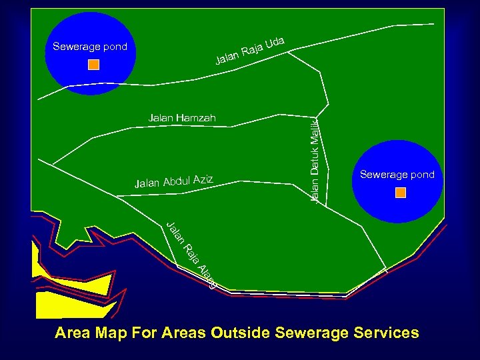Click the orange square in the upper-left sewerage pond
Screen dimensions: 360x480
[94, 65]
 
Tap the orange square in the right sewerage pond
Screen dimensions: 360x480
[401, 193]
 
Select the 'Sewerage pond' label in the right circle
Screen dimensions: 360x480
[397, 175]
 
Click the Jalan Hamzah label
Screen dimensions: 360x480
[183, 118]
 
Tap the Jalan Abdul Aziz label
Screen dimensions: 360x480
[173, 181]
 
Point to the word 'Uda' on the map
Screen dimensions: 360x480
[275, 44]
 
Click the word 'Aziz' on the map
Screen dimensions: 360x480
[203, 178]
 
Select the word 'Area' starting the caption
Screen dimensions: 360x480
[73, 332]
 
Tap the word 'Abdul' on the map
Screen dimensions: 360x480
[176, 181]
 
